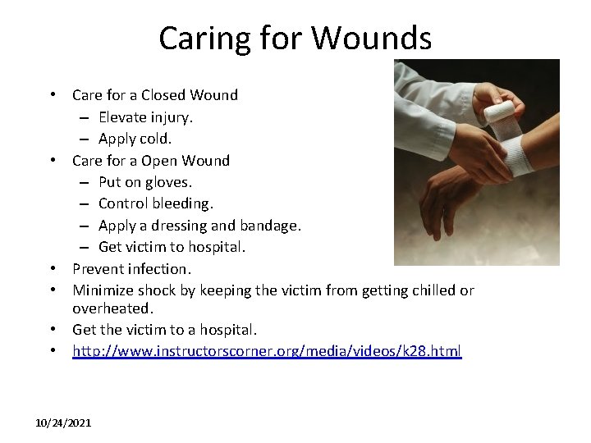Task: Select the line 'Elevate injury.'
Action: point(145,116)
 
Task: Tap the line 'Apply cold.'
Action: point(135,138)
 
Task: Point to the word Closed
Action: point(165,94)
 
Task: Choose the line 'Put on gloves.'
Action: point(144,181)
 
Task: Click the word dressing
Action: point(190,225)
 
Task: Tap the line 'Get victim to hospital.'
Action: point(172,246)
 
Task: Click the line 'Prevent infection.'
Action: point(131,268)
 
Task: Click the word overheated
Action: point(112,308)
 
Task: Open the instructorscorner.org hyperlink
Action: point(267,351)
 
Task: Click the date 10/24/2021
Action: point(64,422)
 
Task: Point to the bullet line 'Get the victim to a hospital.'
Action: point(164,330)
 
